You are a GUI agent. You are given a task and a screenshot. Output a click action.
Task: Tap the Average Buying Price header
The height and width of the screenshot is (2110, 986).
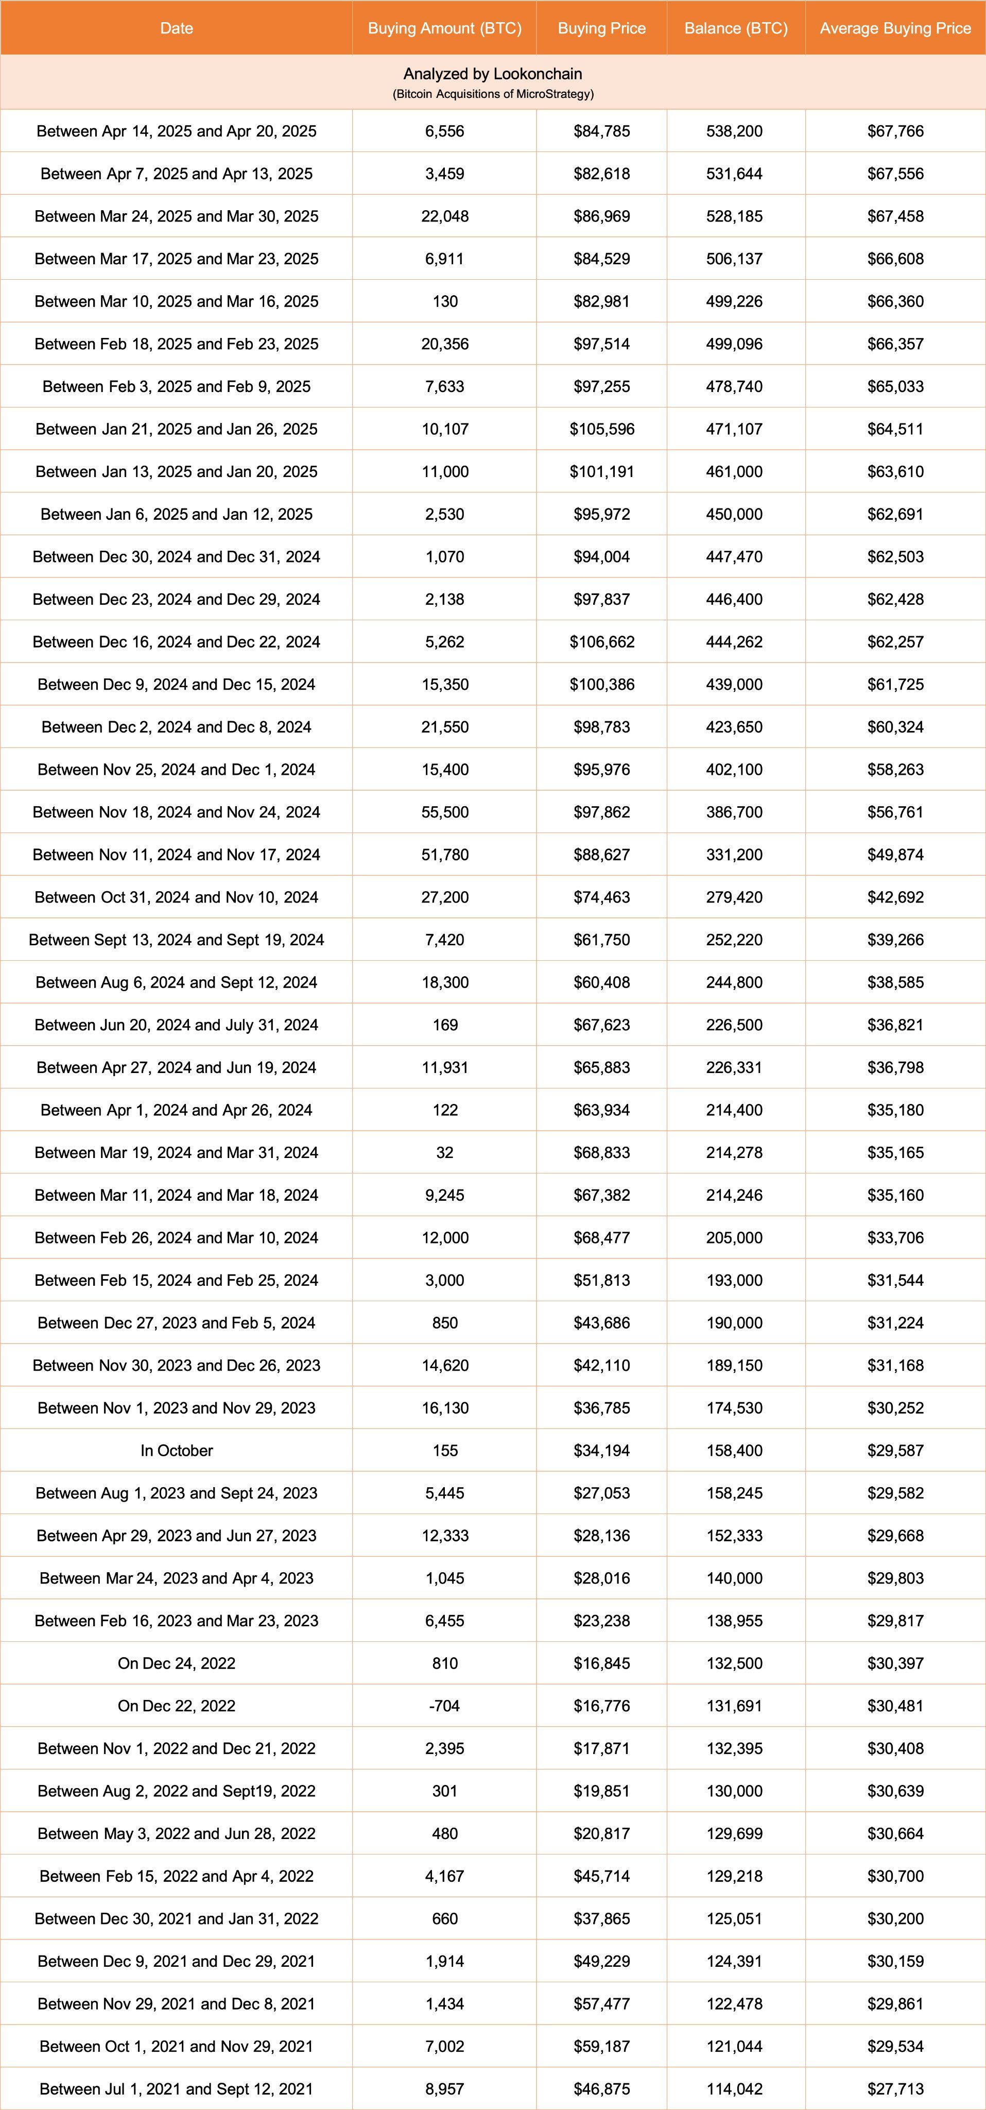pyautogui.click(x=894, y=28)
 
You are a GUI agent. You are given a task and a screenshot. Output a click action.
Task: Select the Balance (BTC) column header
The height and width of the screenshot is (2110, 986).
pyautogui.click(x=735, y=28)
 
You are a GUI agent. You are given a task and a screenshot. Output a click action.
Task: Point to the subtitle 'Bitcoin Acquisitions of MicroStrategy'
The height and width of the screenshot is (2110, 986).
pyautogui.click(x=493, y=94)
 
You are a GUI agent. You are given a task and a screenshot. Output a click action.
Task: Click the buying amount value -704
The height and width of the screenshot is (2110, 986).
pyautogui.click(x=445, y=1706)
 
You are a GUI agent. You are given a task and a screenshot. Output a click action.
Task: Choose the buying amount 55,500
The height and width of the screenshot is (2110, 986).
pyautogui.click(x=445, y=812)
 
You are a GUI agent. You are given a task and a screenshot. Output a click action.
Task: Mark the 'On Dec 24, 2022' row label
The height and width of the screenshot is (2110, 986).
pyautogui.click(x=176, y=1663)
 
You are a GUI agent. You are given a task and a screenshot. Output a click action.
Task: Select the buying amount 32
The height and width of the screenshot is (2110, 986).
pyautogui.click(x=445, y=1152)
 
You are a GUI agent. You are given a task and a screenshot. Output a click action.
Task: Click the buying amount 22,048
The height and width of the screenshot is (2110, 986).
pyautogui.click(x=445, y=216)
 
